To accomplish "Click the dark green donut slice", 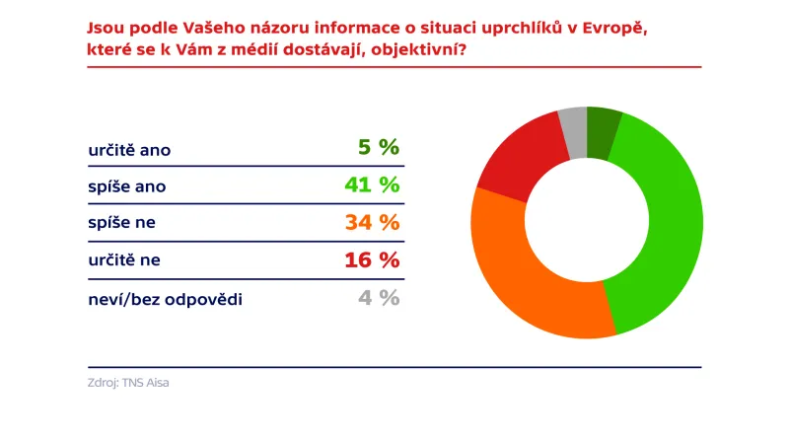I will click(x=603, y=133).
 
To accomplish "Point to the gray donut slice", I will click(x=574, y=132).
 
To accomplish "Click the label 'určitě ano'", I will click(x=129, y=150).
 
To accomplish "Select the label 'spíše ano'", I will click(x=122, y=185).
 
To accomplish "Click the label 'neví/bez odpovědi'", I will click(x=165, y=298).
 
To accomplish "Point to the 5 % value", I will click(x=378, y=148).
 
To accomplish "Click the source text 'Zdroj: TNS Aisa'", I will click(x=128, y=382).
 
